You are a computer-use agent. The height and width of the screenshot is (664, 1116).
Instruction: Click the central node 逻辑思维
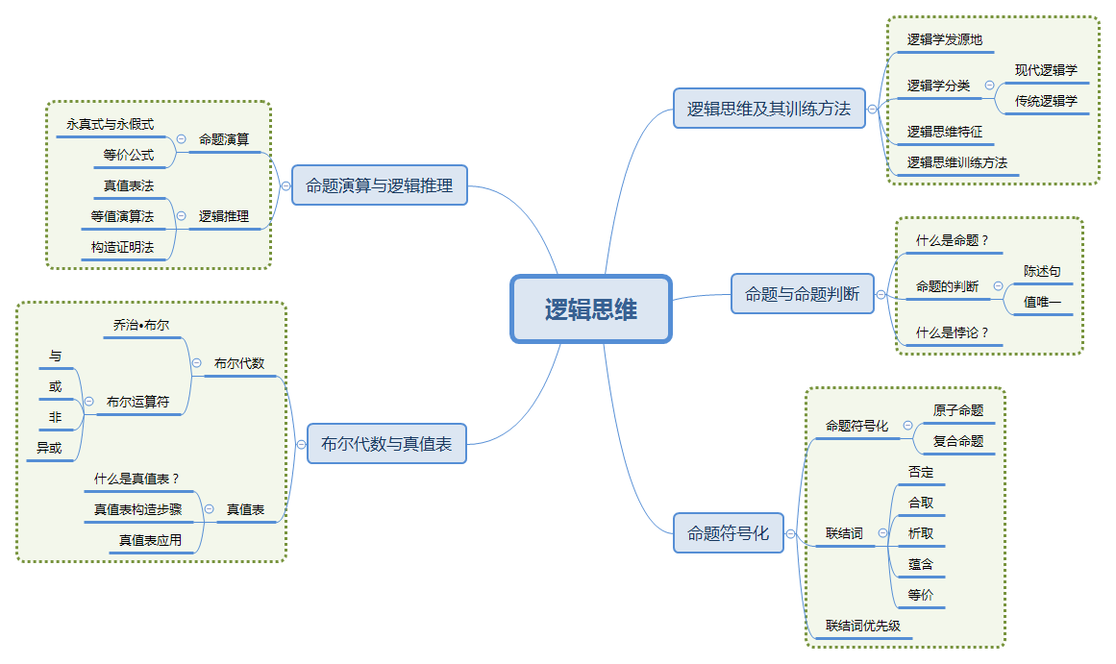pos(590,309)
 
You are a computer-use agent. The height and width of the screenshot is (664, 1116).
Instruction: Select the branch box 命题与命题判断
pos(802,294)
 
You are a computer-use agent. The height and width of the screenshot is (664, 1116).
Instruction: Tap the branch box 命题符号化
pos(728,533)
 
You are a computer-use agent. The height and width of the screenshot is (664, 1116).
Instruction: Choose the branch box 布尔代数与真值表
pos(386,444)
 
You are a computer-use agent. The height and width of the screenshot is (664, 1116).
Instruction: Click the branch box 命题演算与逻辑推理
pos(379,185)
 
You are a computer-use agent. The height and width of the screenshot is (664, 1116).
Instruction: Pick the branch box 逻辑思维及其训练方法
pos(768,109)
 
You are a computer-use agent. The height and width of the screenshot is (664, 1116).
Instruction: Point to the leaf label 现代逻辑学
pos(1046,70)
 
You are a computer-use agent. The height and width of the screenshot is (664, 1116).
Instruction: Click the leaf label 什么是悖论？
pos(952,332)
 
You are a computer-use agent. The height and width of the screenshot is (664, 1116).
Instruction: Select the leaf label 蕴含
pos(920,564)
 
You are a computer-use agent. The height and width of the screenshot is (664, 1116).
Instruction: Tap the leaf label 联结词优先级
pos(863,626)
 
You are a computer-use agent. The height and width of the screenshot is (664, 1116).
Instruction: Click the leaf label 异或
pos(49,448)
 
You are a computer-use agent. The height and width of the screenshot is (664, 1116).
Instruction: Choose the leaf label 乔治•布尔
pos(140,325)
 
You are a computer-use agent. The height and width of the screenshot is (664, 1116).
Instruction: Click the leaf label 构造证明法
pos(122,247)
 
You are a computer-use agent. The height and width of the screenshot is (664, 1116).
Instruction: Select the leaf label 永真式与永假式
pos(110,124)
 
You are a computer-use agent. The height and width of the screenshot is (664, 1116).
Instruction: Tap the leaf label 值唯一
pos(1042,302)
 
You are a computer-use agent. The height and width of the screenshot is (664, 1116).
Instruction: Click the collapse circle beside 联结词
pos(882,533)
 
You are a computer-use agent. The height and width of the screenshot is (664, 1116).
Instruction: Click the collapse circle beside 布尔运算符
pos(88,402)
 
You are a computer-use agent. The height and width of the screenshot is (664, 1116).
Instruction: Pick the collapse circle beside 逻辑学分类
pos(989,86)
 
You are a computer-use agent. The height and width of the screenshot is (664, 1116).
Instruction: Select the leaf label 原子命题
pos(957,410)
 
